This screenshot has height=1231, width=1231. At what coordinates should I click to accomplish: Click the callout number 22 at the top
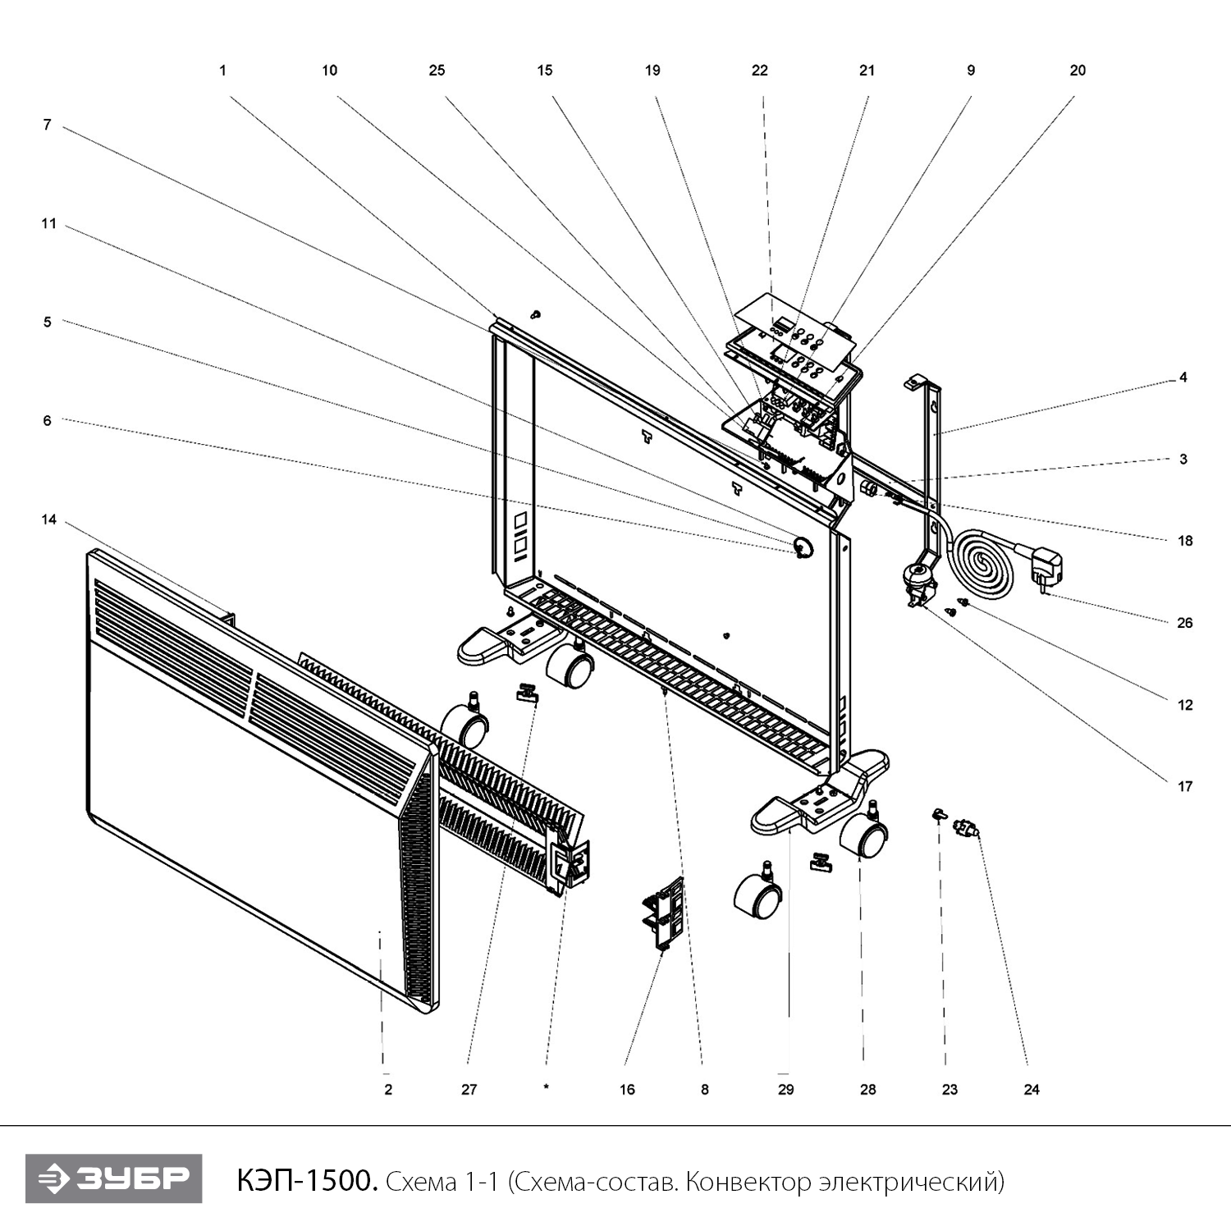click(x=759, y=71)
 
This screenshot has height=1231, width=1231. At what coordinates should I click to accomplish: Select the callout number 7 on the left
click(x=47, y=125)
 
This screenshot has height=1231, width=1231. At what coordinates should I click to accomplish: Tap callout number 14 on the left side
click(x=48, y=519)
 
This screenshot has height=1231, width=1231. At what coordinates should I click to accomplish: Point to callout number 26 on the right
click(x=1184, y=623)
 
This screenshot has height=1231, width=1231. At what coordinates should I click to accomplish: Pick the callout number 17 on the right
click(x=1184, y=787)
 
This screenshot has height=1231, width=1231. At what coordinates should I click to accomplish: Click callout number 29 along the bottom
click(x=785, y=1090)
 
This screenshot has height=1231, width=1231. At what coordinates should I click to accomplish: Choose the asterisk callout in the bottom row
click(x=546, y=1089)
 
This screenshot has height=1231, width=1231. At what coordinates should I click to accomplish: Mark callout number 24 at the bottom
click(x=1032, y=1090)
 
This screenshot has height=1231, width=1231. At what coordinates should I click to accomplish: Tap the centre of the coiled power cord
click(x=982, y=561)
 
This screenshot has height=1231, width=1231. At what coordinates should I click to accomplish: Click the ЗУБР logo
click(x=113, y=1178)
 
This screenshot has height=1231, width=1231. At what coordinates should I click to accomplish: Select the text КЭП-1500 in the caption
click(x=307, y=1181)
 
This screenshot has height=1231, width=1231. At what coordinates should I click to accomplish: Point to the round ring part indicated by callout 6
click(x=802, y=547)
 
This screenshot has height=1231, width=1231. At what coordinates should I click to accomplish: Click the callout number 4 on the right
click(x=1183, y=378)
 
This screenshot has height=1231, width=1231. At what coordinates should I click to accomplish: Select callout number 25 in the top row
click(x=437, y=71)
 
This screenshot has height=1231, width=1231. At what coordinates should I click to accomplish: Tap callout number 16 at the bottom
click(x=627, y=1090)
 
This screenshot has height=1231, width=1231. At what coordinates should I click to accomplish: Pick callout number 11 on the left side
click(x=48, y=223)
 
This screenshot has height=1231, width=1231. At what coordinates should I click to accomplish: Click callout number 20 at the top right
click(x=1078, y=71)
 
